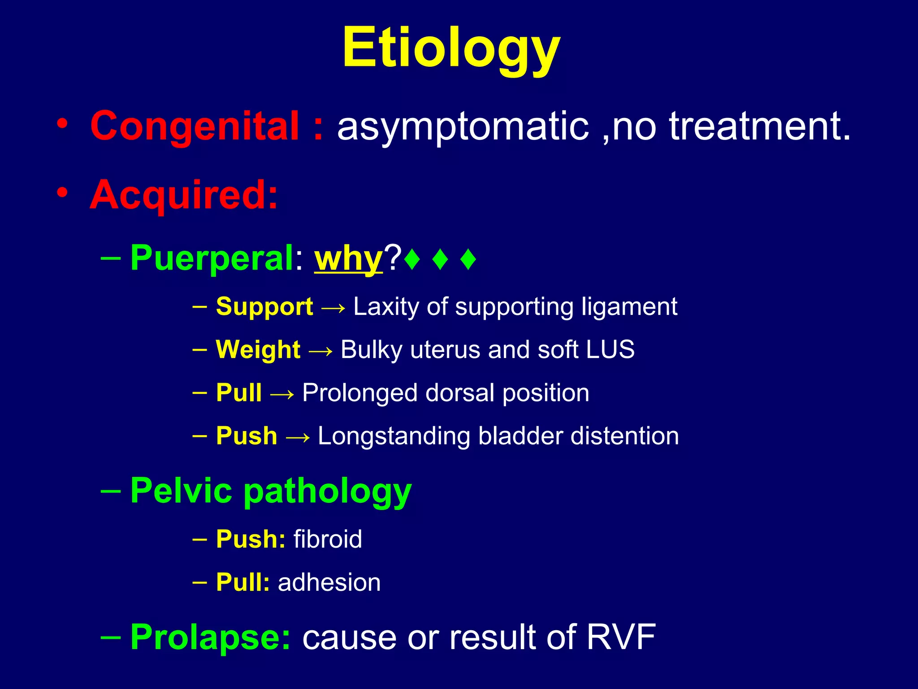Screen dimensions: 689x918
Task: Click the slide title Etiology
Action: (x=451, y=48)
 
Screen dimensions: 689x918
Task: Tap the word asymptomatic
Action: (x=463, y=126)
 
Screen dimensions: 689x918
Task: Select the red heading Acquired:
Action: (x=184, y=196)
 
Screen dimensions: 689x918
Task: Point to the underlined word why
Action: (x=348, y=259)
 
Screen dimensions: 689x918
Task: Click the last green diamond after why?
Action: (x=468, y=259)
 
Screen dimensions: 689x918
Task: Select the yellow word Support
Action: (x=264, y=307)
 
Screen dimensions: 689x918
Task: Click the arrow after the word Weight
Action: (x=320, y=350)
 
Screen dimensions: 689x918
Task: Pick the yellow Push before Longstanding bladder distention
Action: (x=247, y=436)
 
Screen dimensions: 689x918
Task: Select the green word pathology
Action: (x=327, y=492)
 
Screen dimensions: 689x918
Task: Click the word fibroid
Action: (x=328, y=539)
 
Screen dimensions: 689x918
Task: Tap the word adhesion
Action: (x=329, y=582)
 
